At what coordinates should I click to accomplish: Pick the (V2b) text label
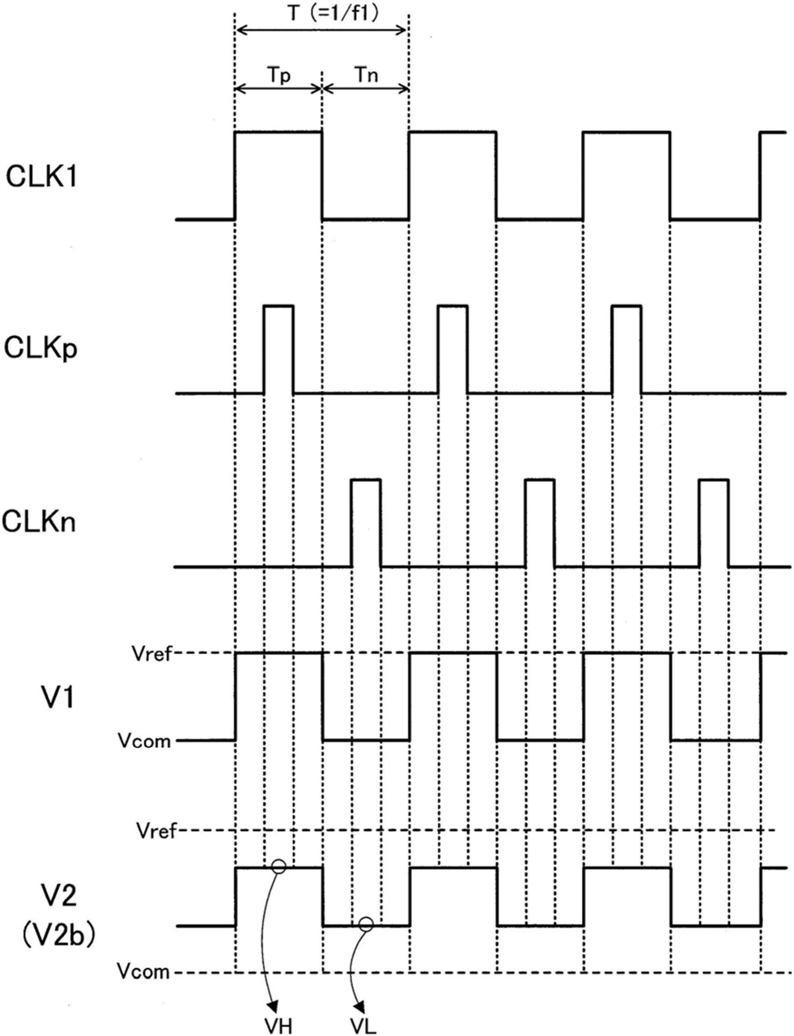(x=57, y=936)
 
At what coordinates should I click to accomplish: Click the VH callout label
(x=277, y=1025)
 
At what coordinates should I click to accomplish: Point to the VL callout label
(x=363, y=1025)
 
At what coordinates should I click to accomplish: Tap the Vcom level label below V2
(x=143, y=971)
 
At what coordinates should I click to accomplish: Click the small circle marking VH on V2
(x=278, y=867)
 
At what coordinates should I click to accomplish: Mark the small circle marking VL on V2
(x=366, y=923)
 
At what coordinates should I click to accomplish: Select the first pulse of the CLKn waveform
(x=365, y=523)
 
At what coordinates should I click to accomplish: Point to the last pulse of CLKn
(x=713, y=523)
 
